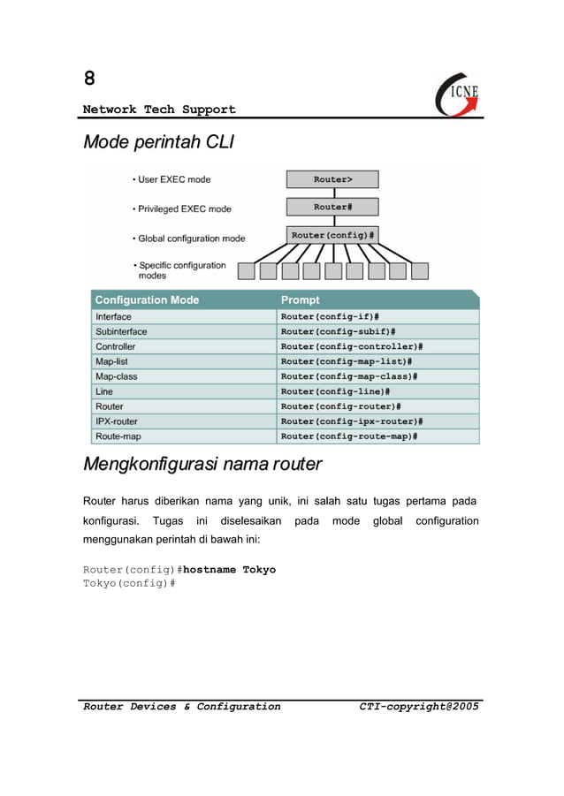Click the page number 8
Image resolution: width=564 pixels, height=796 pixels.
89,79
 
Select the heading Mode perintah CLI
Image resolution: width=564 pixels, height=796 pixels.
157,142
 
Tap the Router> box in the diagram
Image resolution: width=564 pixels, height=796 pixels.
332,179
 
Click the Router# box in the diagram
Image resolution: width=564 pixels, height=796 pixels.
332,207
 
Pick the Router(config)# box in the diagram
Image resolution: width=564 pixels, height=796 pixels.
332,236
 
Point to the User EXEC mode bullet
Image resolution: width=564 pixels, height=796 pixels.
173,179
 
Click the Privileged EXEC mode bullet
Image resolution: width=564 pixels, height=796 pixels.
184,209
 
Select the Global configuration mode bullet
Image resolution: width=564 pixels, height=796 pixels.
191,239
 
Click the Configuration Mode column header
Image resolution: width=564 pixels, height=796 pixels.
147,300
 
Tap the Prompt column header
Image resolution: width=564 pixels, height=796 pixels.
300,300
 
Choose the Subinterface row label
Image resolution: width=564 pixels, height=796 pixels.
121,331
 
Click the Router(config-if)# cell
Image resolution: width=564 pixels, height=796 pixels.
330,316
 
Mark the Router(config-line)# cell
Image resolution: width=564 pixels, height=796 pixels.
335,391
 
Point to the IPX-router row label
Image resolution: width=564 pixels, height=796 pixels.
117,421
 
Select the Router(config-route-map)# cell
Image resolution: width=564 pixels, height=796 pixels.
349,436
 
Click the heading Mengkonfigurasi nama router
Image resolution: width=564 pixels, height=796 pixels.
202,464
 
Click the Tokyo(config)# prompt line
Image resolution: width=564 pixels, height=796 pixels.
129,584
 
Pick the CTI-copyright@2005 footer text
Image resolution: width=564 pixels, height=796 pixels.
419,707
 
